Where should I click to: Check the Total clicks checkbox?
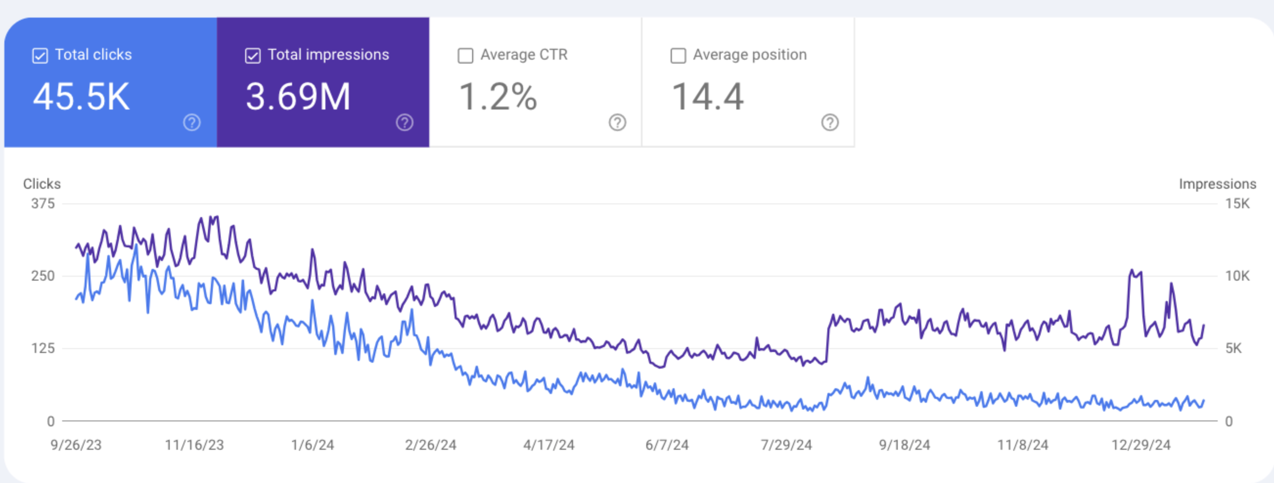(40, 56)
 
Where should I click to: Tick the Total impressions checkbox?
(253, 56)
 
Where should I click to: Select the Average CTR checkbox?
(465, 56)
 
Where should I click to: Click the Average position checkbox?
(678, 56)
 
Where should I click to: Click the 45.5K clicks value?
(82, 96)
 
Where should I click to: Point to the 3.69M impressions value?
(298, 96)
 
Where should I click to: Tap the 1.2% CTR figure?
(498, 96)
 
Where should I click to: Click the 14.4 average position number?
(708, 96)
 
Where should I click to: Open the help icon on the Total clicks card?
(192, 122)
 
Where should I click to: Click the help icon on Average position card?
(830, 122)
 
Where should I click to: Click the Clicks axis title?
(42, 184)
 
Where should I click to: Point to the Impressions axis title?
(1217, 184)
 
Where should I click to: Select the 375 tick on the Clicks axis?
(43, 204)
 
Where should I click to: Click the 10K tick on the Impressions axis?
(1237, 276)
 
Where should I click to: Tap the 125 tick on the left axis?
(43, 349)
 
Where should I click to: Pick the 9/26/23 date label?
(76, 445)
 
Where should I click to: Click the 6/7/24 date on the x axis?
(667, 445)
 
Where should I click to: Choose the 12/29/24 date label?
(1141, 445)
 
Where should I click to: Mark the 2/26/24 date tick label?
(431, 445)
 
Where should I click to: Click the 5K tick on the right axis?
(1233, 349)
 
